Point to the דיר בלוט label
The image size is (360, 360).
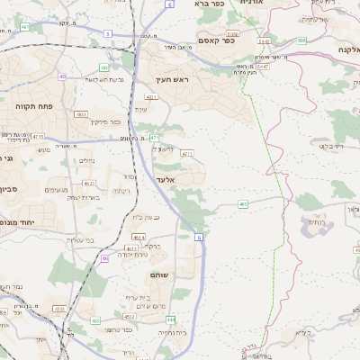331,145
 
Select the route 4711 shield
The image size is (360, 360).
187,155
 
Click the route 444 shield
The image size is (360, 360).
170,319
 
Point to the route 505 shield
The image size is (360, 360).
301,40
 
